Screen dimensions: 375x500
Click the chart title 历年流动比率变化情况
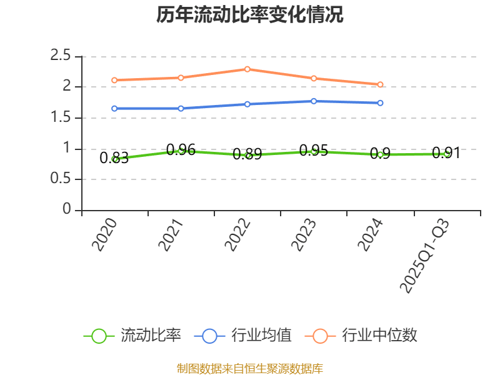coord(249,15)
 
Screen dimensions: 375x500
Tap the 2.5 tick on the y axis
coord(61,56)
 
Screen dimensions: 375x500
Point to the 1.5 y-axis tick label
coord(61,117)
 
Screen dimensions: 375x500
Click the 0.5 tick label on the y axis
coord(61,179)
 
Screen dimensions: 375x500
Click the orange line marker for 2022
coord(247,69)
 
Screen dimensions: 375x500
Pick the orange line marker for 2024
coord(380,84)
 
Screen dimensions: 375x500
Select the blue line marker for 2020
coord(114,108)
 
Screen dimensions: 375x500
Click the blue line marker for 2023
coord(314,101)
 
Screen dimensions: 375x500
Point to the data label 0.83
coord(114,158)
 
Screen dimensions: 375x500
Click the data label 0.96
coord(181,150)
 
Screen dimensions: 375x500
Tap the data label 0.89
coord(247,154)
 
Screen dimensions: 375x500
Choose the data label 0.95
coord(313,151)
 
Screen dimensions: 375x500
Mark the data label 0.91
coord(446,153)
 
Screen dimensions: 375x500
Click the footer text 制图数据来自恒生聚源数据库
coord(249,368)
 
